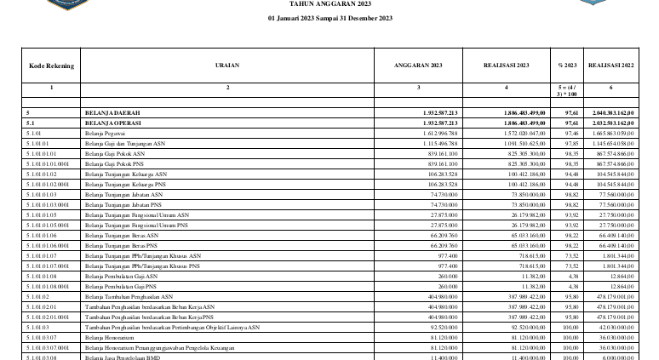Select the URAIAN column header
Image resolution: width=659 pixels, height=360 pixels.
[x=227, y=65]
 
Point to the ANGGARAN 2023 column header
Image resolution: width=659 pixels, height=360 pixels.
[x=418, y=65]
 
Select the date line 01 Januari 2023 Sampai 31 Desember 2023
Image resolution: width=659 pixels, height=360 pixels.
[x=329, y=18]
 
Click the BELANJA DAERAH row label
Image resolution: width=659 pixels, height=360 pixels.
[x=112, y=112]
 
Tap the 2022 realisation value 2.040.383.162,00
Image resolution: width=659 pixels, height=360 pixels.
[x=610, y=112]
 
